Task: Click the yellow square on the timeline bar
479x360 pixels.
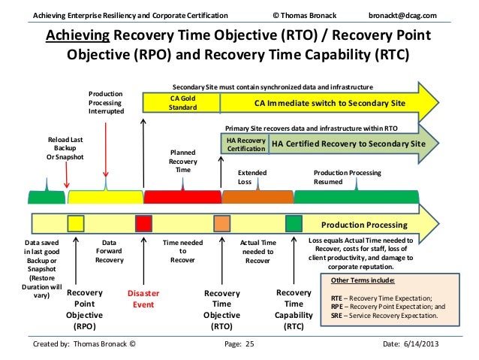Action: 76,223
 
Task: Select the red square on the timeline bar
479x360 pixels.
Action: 143,223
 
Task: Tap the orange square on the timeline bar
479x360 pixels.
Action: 221,224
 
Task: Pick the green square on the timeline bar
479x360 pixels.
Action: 294,223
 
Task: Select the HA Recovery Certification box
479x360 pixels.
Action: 245,144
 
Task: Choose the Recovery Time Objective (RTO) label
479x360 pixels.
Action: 222,310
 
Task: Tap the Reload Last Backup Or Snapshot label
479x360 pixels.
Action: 66,149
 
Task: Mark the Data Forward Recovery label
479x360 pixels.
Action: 110,251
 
